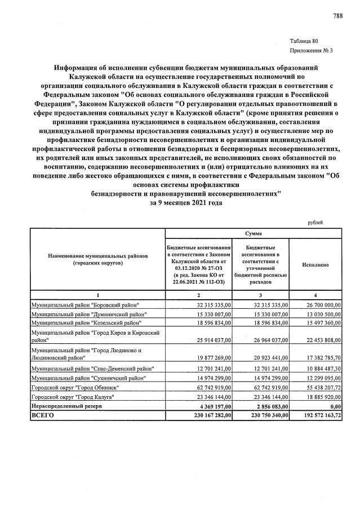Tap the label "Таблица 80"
[x=304, y=41]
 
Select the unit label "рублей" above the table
[x=315, y=223]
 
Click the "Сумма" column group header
[x=253, y=233]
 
